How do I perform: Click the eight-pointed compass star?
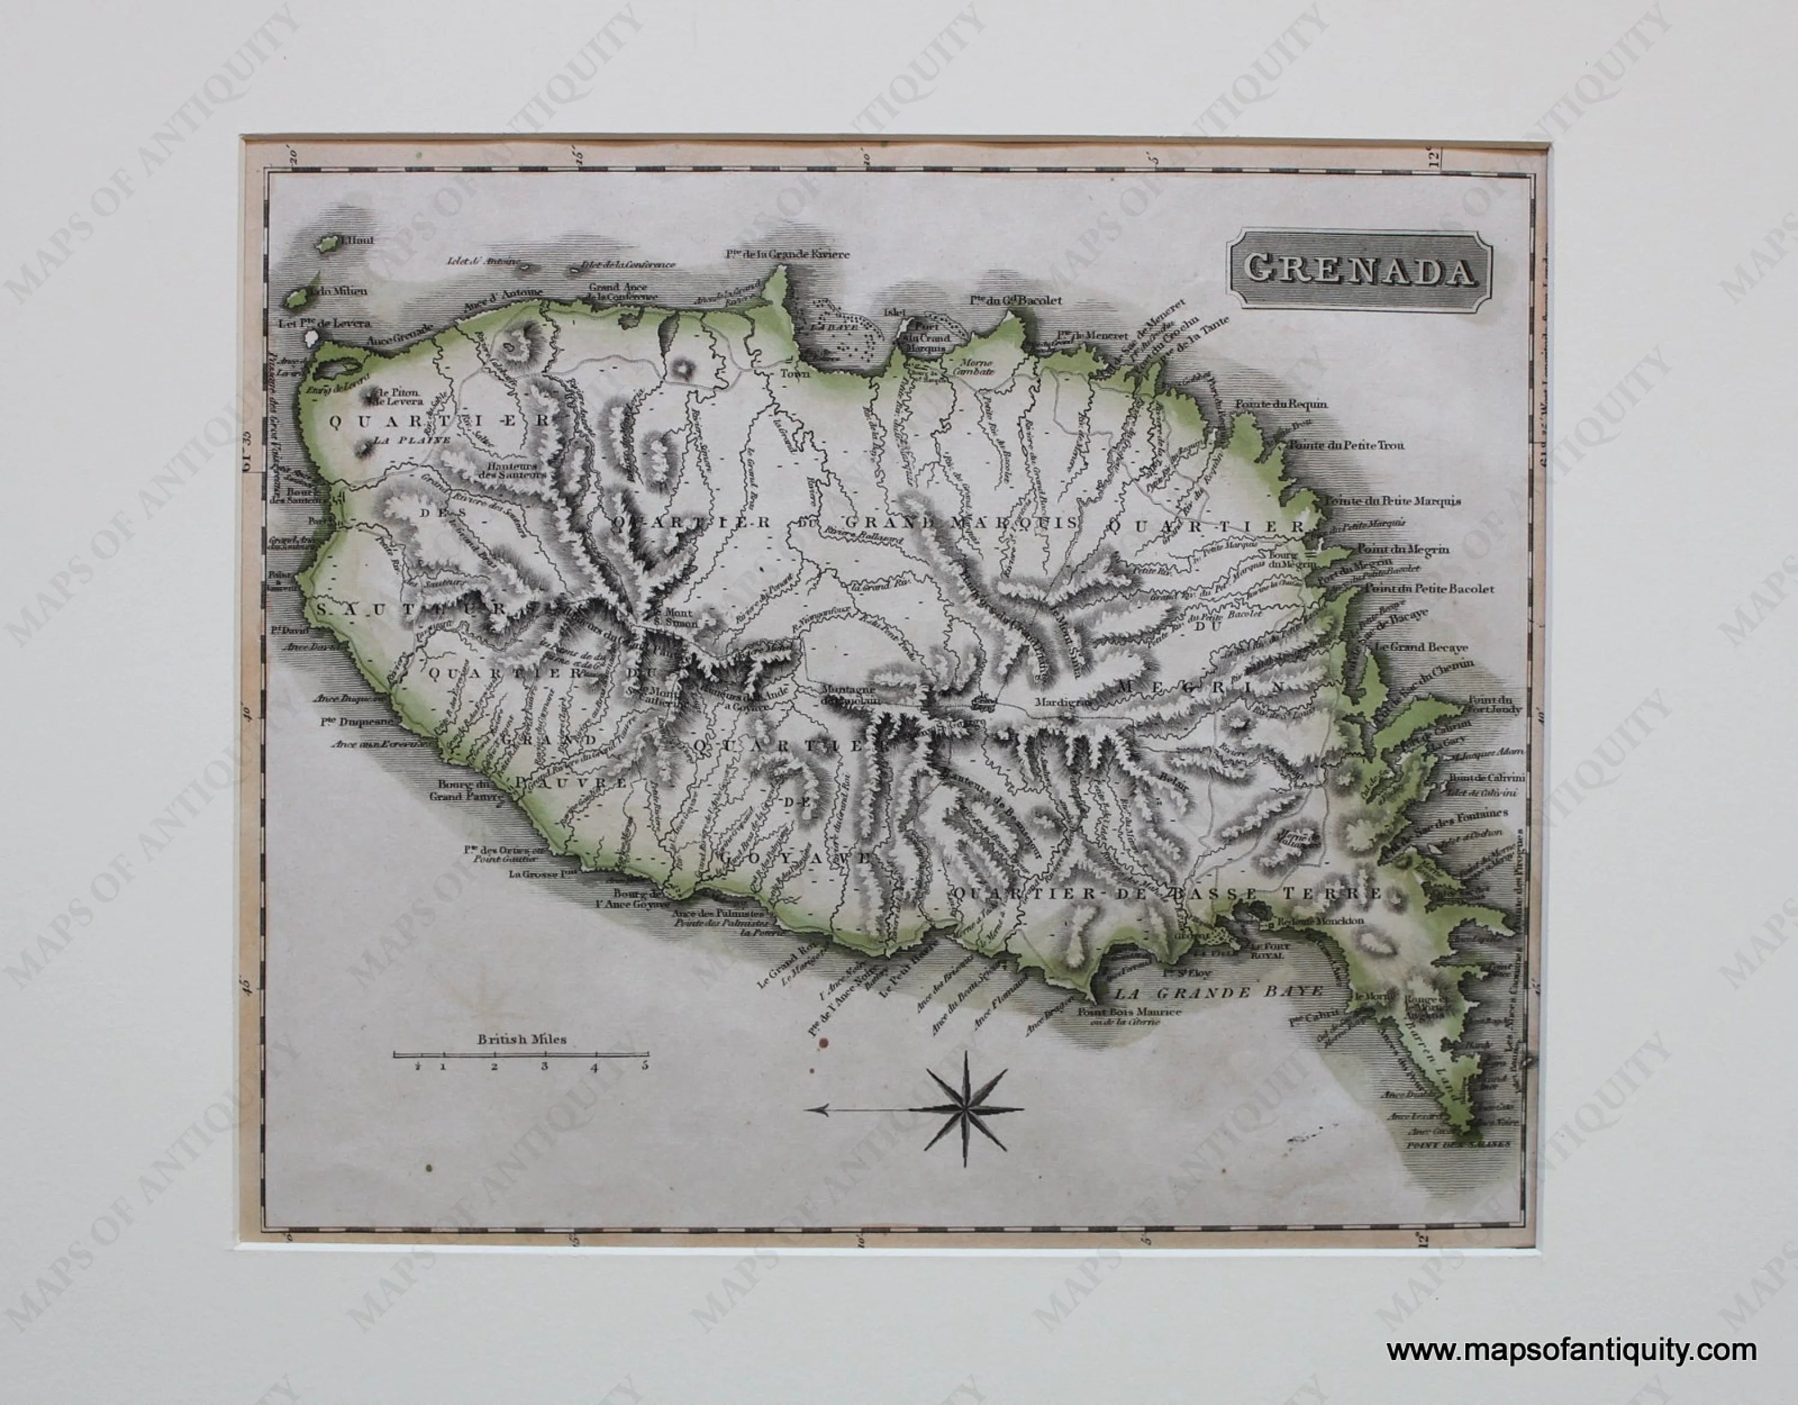(967, 1109)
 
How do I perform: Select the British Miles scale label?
(522, 1039)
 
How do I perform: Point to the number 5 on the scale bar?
(645, 1066)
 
